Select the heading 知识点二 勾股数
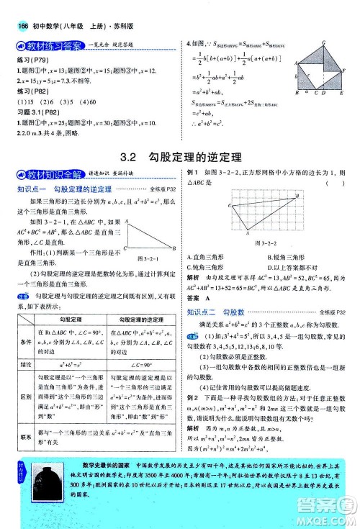click(x=215, y=312)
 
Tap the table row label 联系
click(x=25, y=435)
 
